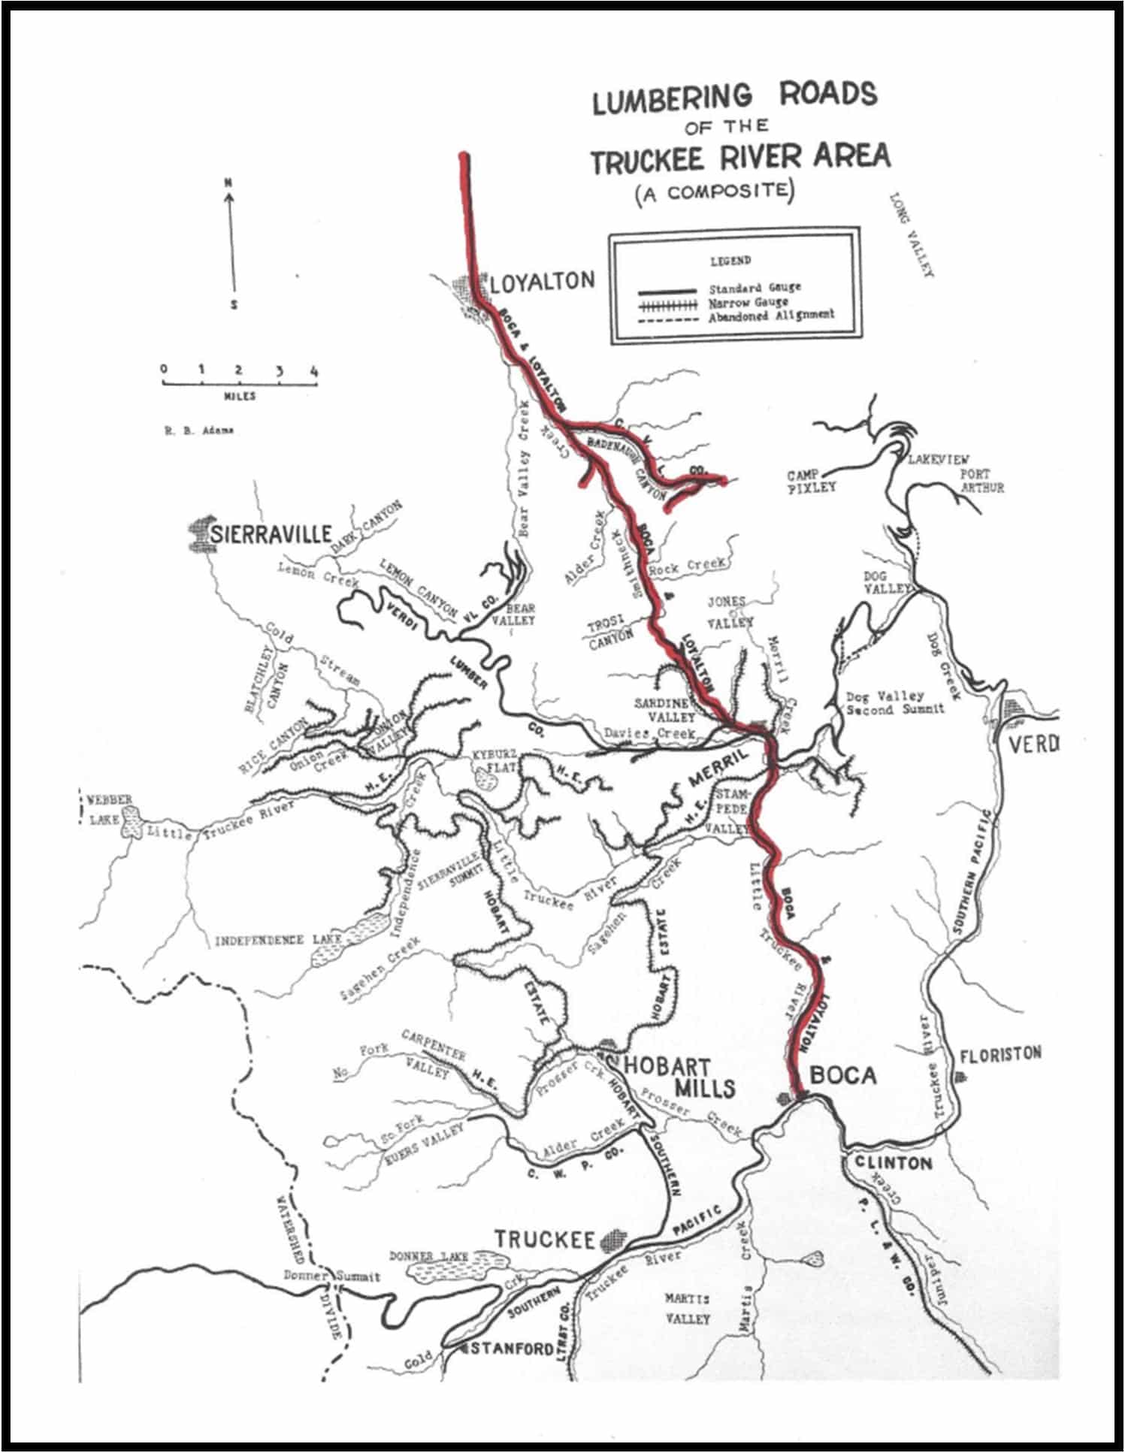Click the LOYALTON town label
[542, 282]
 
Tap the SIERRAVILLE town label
[271, 533]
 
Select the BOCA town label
[843, 1076]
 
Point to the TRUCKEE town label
[544, 1239]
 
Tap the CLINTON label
[894, 1163]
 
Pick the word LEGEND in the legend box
[730, 261]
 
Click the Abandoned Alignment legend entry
[771, 316]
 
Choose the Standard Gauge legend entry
[755, 288]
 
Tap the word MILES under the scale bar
[240, 395]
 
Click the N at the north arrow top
[228, 183]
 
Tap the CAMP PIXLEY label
[812, 482]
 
